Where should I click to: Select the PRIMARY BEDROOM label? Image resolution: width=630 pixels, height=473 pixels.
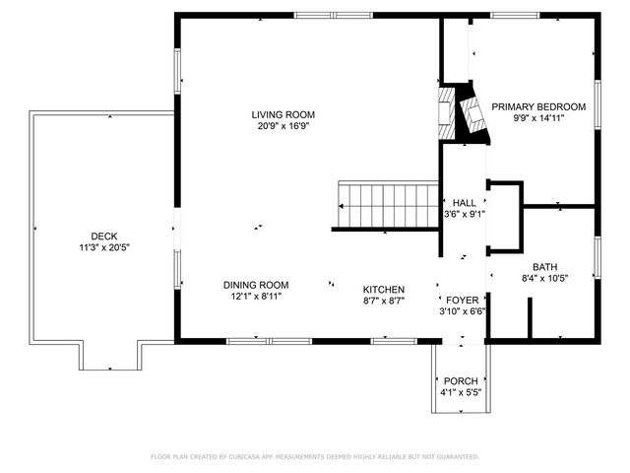click(538, 106)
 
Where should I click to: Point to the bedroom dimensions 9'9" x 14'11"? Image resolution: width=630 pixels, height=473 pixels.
click(538, 118)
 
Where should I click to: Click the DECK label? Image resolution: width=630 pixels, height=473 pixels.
click(103, 236)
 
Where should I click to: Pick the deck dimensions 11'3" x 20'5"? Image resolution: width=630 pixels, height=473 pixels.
click(103, 247)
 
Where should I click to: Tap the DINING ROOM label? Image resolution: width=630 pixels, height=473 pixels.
click(255, 285)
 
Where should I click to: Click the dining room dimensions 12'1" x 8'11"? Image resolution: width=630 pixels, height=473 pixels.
click(255, 297)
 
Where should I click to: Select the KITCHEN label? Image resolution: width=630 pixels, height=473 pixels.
click(385, 290)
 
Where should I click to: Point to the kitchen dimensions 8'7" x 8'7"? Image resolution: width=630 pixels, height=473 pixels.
click(385, 302)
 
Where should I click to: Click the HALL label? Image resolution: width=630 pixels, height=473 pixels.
click(464, 202)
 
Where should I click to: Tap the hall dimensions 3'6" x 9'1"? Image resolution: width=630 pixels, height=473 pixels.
click(464, 214)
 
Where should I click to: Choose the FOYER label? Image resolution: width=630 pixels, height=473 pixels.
click(463, 300)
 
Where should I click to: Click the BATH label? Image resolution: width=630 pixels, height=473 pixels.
click(544, 267)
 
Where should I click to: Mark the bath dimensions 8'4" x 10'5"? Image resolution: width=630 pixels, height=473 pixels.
click(544, 279)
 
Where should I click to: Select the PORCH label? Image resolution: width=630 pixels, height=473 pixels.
click(461, 381)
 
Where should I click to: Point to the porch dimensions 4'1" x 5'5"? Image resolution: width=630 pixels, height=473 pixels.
click(461, 393)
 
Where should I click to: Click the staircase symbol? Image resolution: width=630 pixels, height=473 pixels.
click(387, 204)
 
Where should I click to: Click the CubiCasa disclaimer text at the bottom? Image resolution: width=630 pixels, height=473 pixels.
click(315, 457)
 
